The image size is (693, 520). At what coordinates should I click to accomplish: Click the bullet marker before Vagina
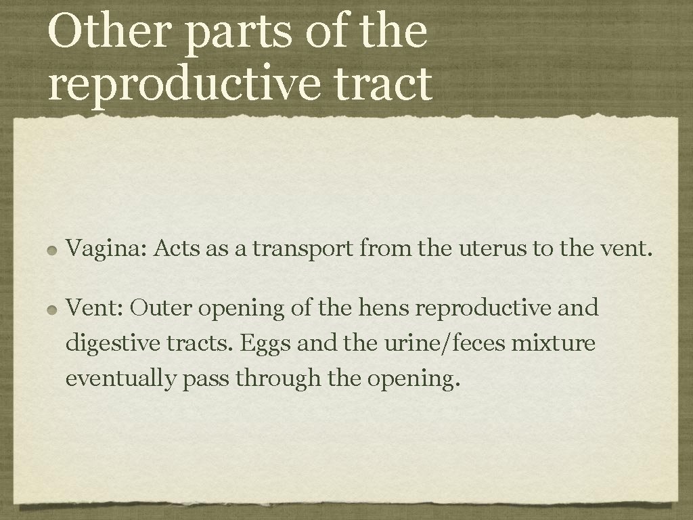pos(52,251)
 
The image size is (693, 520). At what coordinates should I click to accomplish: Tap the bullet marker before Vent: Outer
pos(52,309)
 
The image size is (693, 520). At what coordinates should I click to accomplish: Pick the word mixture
pos(553,343)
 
